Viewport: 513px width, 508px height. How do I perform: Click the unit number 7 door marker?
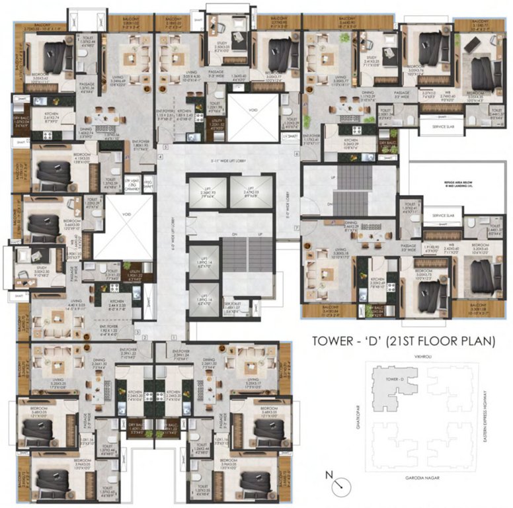tap(297, 228)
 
